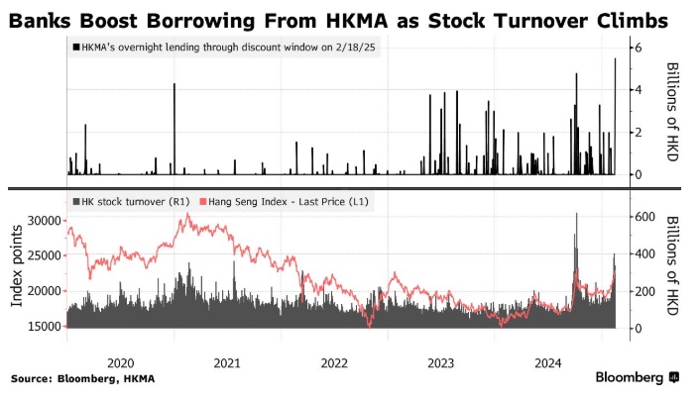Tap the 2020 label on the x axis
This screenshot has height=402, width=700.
(x=119, y=362)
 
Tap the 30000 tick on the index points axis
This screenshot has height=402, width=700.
(x=41, y=221)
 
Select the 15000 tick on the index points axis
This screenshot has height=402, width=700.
(x=41, y=328)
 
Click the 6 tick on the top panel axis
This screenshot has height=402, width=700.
(x=640, y=48)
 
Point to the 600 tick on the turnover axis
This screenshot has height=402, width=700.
(x=645, y=216)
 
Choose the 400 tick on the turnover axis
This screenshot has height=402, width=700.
(x=645, y=253)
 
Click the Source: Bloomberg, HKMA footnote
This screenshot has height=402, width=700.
(x=83, y=378)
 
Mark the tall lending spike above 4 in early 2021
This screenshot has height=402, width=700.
(x=175, y=85)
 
